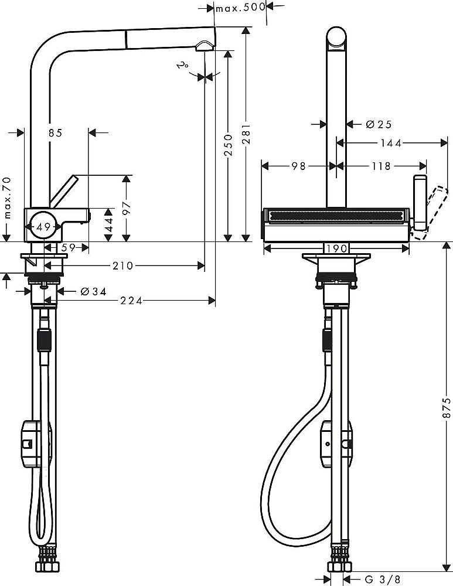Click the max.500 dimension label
[240, 8]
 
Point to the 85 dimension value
[55, 133]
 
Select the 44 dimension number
[108, 224]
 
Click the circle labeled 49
[42, 226]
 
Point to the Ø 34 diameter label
[94, 291]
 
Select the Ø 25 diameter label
[378, 124]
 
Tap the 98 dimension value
[298, 166]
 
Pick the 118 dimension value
[380, 166]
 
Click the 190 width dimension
[336, 248]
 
